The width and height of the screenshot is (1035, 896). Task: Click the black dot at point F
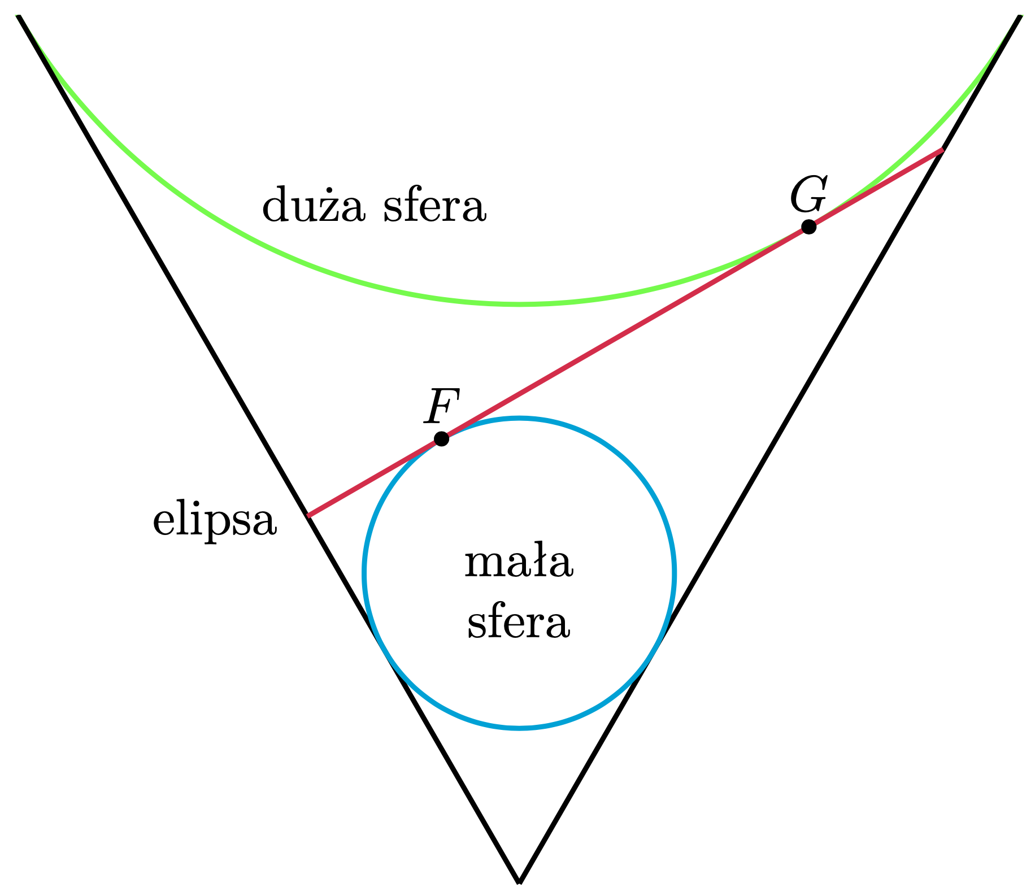441,438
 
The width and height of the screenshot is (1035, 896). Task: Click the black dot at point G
808,227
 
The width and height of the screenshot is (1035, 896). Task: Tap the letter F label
442,406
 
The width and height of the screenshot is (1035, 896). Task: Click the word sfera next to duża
434,207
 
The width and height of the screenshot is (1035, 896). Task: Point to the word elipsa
215,521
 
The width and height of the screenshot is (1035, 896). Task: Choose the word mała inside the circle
519,563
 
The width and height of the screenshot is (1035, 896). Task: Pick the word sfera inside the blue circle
519,624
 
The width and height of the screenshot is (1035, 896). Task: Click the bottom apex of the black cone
519,880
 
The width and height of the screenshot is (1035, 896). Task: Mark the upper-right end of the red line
942,150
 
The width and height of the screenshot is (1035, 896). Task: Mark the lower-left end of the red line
308,515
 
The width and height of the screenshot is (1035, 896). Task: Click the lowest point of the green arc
520,305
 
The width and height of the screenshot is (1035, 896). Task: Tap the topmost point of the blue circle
520,418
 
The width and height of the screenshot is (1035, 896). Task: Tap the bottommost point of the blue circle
520,728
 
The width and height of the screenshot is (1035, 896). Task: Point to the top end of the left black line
19,17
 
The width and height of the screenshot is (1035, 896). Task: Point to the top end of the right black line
1020,17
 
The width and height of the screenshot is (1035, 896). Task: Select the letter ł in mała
540,562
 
